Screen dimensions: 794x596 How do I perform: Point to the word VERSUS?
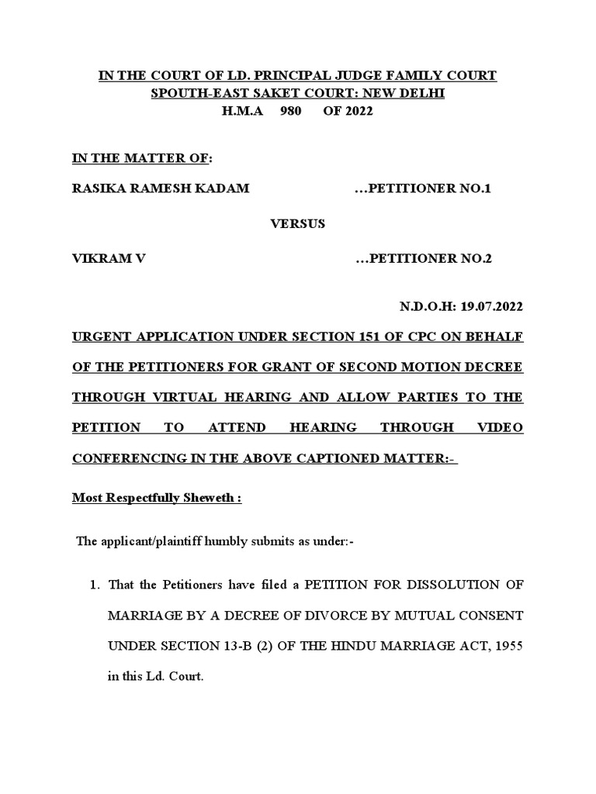pos(297,223)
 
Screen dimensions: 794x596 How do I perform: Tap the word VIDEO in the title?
pos(499,427)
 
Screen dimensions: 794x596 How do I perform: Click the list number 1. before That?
pos(97,584)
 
